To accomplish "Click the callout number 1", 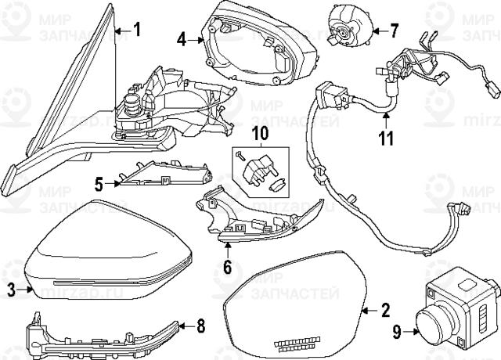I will (x=135, y=31).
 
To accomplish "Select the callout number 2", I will (x=384, y=311).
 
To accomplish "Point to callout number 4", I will (x=181, y=38).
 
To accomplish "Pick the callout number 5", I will (x=99, y=184).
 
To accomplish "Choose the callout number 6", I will (x=227, y=267).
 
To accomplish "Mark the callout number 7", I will (x=394, y=31).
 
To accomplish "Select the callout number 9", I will (x=397, y=332).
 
